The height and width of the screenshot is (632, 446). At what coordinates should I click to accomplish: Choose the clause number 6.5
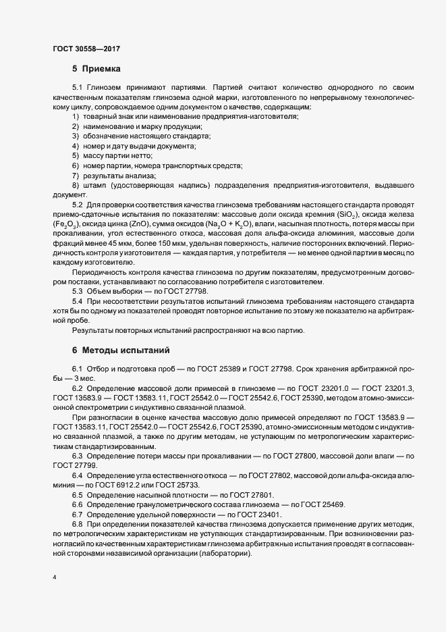pos(78,494)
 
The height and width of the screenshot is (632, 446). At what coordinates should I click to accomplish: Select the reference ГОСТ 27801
pos(248,494)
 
